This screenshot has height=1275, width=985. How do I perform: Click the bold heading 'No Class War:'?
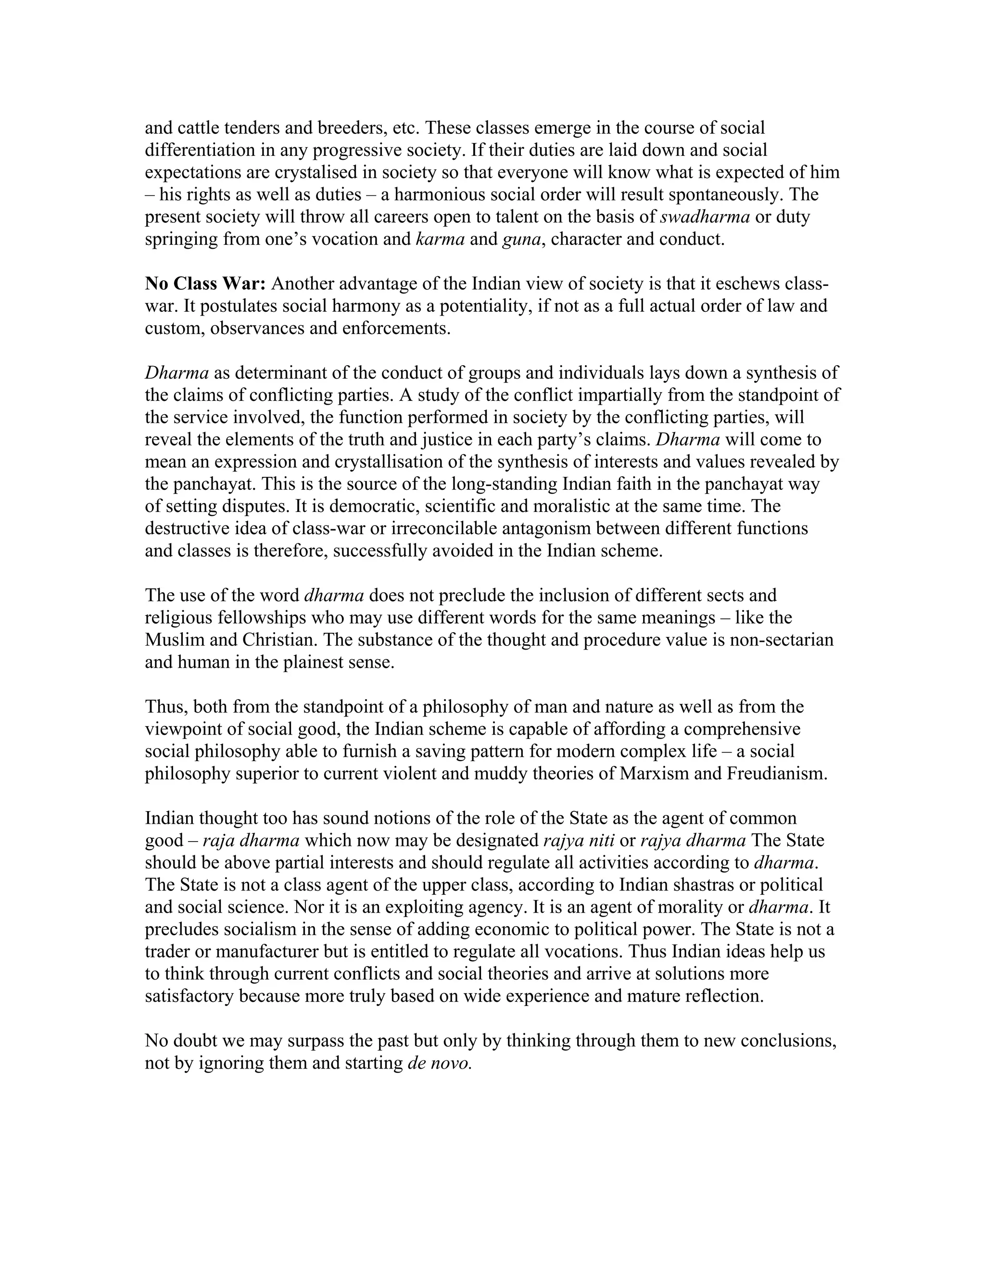(205, 284)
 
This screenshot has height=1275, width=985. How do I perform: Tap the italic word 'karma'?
(440, 239)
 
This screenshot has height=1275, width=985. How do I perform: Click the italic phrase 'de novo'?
(438, 1063)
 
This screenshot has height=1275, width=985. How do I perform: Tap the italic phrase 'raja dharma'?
(251, 841)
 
